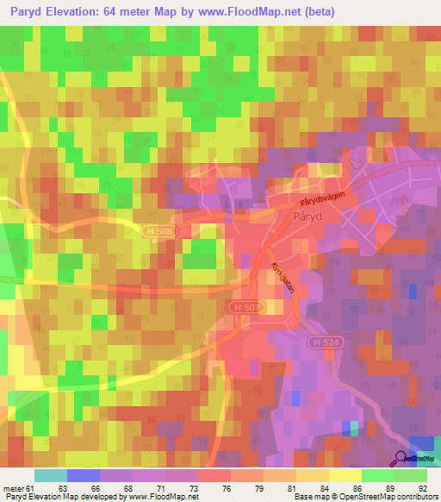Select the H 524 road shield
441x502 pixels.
tap(320, 342)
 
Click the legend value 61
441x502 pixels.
tap(33, 488)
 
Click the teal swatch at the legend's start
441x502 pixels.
tap(50, 475)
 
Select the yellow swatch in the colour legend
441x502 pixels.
tap(345, 475)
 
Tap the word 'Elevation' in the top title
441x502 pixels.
tap(84, 11)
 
